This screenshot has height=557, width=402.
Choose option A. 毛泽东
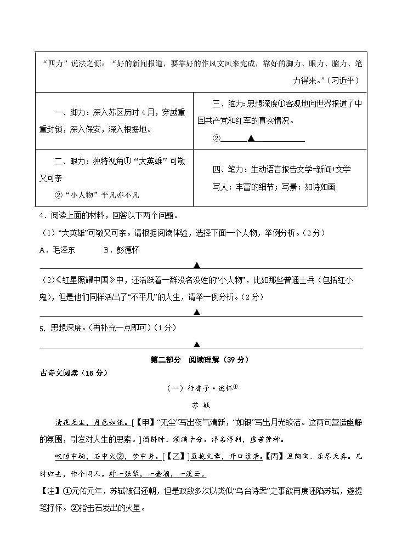59,250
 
